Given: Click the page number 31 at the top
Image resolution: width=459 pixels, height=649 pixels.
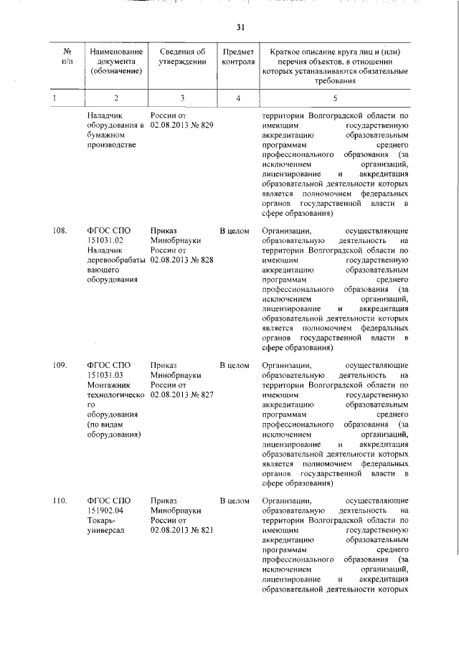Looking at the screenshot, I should [x=240, y=27].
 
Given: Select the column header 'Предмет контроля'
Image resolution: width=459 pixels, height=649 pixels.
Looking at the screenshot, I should [x=238, y=57].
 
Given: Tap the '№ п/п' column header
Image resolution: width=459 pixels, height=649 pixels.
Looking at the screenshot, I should [x=66, y=57].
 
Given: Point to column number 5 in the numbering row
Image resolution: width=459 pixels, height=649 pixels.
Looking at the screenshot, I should [x=334, y=97].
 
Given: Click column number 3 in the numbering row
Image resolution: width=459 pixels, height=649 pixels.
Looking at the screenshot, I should [x=182, y=97].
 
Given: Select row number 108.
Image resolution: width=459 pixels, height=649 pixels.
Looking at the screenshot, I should [x=60, y=231].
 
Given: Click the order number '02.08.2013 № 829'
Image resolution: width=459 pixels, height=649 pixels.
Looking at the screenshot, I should [x=182, y=125].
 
